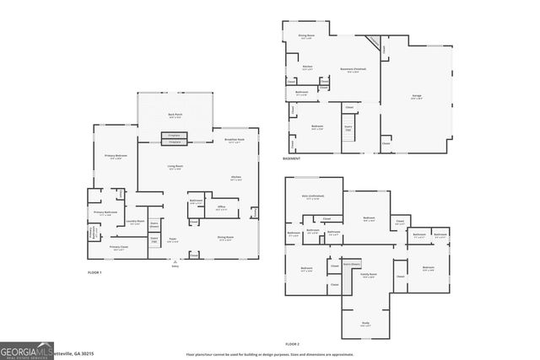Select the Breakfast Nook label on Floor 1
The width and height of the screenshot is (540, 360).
[235, 140]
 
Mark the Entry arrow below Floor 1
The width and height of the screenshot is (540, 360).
[175, 264]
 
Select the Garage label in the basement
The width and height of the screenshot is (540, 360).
[416, 96]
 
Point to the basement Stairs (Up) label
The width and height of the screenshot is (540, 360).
[348, 127]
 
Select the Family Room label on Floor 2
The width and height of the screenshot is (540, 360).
[369, 275]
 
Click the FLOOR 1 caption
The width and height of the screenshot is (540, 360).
[94, 273]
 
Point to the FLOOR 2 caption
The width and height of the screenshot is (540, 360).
[292, 344]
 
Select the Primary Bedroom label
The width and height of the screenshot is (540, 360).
[116, 157]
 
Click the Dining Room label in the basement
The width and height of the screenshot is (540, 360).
[306, 36]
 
